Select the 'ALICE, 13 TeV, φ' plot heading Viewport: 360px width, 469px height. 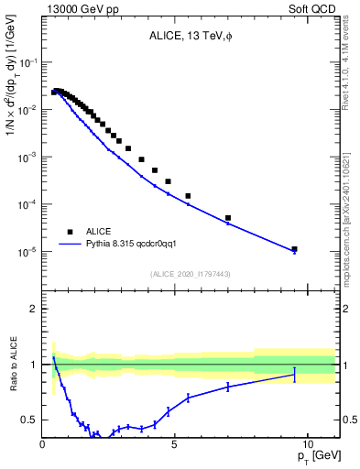(191, 37)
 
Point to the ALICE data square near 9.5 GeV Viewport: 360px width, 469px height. (294, 248)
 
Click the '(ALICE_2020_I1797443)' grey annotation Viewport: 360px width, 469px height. (191, 274)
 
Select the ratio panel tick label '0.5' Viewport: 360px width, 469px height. (29, 420)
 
